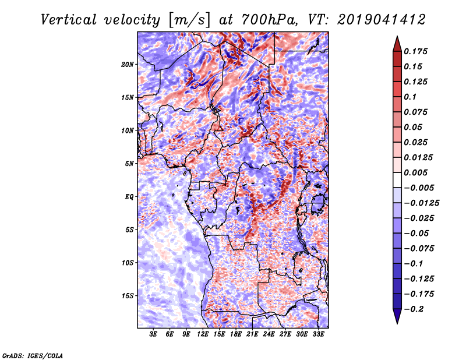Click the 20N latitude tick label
click(x=127, y=64)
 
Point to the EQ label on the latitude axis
click(x=129, y=197)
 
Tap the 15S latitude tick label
click(x=128, y=296)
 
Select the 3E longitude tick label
click(x=153, y=334)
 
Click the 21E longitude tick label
click(x=252, y=334)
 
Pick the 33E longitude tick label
click(x=318, y=334)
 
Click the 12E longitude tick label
click(x=203, y=334)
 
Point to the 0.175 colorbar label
click(x=416, y=51)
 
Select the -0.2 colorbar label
click(x=414, y=309)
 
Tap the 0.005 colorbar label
click(x=416, y=172)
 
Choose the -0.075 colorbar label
click(x=419, y=249)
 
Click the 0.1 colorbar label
click(x=410, y=97)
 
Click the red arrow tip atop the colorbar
click(x=397, y=37)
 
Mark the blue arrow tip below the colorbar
click(x=397, y=323)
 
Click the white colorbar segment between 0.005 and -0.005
click(x=397, y=180)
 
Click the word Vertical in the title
click(x=69, y=20)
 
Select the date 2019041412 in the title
click(x=382, y=20)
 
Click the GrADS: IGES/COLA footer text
click(x=33, y=356)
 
